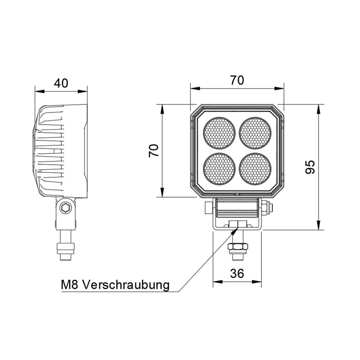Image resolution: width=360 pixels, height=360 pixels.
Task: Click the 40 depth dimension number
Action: (x=61, y=83)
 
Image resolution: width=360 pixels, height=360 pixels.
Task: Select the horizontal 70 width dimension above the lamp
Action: (x=237, y=81)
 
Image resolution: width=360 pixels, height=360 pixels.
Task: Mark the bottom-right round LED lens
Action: (x=256, y=169)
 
